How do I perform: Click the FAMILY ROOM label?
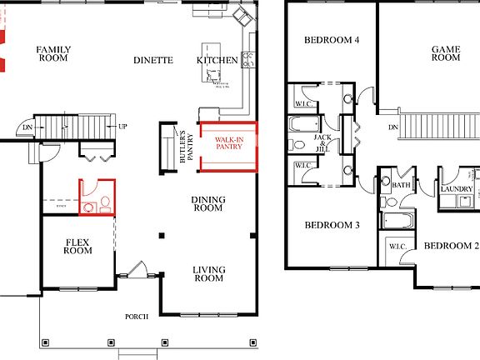tap(52, 54)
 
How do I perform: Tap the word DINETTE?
tap(153, 60)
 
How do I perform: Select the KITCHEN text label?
tap(212, 60)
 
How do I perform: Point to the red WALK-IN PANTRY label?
tap(229, 142)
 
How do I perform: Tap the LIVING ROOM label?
tap(208, 273)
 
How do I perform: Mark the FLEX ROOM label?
tap(77, 246)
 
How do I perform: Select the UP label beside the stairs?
tap(123, 127)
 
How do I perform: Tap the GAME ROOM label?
tap(446, 53)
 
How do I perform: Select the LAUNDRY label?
tap(457, 190)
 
